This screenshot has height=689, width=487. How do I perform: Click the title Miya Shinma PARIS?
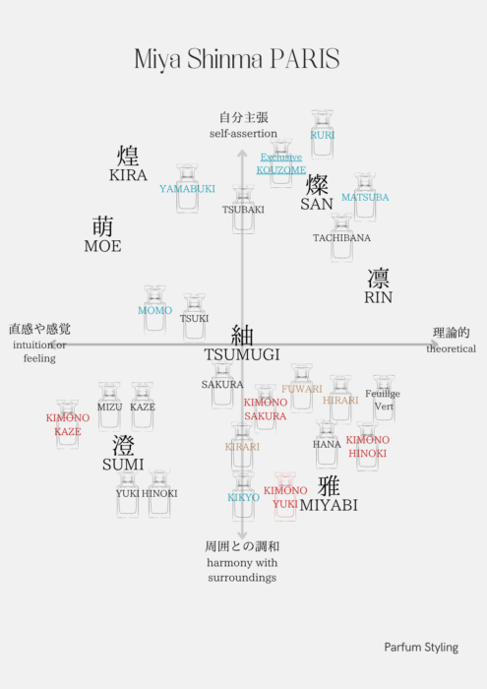(x=237, y=59)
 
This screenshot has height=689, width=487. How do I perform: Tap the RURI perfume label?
(x=323, y=135)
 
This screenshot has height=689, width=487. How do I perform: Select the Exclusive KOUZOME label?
(x=281, y=163)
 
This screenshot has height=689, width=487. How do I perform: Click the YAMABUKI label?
(x=187, y=189)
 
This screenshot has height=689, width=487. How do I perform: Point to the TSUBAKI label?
(x=243, y=210)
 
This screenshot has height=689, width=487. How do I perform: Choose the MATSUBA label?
(x=365, y=197)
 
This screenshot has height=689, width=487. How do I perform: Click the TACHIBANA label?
(x=341, y=238)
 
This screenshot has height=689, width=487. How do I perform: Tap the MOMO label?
(x=155, y=310)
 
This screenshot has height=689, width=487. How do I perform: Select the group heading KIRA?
(x=128, y=164)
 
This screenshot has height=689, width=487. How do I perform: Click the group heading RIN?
(x=378, y=286)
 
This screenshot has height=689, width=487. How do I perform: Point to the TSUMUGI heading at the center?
(x=242, y=344)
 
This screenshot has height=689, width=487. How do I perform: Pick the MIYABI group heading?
(x=329, y=495)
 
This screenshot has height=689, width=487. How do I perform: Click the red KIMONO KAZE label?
(x=68, y=424)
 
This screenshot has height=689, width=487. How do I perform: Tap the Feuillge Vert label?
(x=383, y=400)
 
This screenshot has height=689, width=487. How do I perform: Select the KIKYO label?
(x=243, y=497)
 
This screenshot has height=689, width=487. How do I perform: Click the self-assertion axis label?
(x=243, y=134)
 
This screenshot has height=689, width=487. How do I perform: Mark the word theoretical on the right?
(x=451, y=348)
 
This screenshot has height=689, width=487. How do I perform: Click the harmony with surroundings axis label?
(x=242, y=570)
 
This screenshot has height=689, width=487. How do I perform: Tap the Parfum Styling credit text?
(x=421, y=648)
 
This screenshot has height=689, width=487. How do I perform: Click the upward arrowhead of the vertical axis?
(x=242, y=153)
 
